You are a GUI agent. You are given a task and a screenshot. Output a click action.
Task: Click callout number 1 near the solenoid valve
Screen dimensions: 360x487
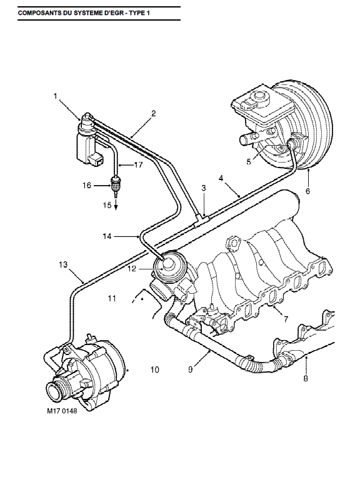pos(56,96)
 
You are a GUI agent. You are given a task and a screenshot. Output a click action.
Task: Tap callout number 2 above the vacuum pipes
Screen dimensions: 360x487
pos(154,113)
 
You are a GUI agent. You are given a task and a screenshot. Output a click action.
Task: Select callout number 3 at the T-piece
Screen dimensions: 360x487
pos(204,188)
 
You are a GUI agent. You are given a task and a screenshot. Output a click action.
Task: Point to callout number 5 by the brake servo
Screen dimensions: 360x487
pos(249,162)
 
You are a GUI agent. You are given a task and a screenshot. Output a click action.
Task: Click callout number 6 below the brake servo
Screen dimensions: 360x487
pos(307,191)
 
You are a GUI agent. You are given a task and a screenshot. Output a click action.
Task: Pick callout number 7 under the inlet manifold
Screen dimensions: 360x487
pos(286,319)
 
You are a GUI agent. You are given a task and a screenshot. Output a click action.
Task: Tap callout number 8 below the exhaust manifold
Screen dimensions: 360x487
pos(306,378)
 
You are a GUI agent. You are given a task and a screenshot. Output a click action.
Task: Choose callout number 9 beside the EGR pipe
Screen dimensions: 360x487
pos(191,369)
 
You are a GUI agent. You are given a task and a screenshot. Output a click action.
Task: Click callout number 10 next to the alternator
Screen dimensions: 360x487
pos(154,369)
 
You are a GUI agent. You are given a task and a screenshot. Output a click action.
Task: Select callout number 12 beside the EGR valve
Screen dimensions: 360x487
pos(132,268)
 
